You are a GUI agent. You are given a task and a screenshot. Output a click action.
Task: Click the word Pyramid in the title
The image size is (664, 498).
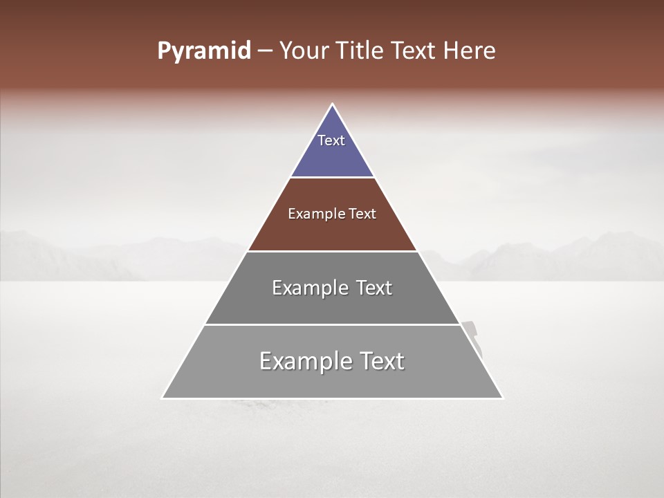coord(203,51)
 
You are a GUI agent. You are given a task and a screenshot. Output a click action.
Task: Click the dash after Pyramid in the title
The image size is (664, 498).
coord(264,52)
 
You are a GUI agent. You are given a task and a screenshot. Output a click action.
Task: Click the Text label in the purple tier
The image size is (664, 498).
coord(331,140)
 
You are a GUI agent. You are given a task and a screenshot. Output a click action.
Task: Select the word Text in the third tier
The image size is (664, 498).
coord(373,288)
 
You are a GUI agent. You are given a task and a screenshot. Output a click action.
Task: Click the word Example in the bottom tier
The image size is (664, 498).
coord(305,361)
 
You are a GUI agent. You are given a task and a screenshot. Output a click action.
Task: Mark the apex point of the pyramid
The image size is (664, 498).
coord(332,104)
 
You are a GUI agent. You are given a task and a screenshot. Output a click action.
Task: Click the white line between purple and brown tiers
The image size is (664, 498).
coord(332,178)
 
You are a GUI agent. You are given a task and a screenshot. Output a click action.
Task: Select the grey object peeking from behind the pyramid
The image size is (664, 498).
coord(473,336)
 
